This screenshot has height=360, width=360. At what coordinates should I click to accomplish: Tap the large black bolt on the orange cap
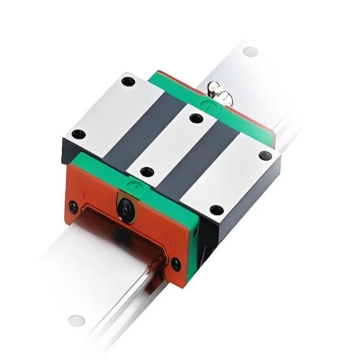click(x=123, y=207)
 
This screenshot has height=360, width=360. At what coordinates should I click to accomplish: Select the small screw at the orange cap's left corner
click(x=74, y=206)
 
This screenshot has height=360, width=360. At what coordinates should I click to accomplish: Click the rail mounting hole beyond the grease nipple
click(x=250, y=51)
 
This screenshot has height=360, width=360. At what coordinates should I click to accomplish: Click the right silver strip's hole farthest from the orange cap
click(x=263, y=155)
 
